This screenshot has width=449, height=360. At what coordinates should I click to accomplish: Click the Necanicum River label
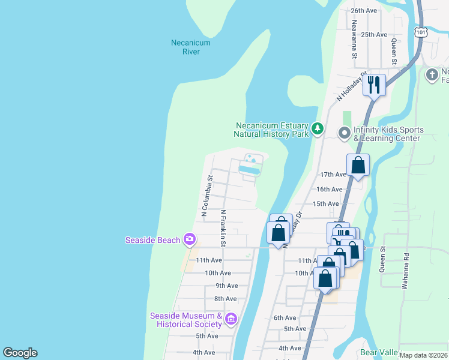tap(185, 47)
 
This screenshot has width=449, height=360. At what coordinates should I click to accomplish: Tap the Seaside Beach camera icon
tap(190, 240)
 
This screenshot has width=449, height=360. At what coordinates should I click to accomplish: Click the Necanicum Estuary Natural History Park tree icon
tap(318, 128)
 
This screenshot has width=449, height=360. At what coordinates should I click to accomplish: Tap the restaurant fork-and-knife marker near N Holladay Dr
tap(374, 84)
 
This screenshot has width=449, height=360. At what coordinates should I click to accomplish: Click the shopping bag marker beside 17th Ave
tap(358, 165)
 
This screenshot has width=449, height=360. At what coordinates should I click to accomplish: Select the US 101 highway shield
tap(421, 31)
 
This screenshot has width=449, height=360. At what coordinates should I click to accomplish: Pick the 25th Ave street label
tap(374, 34)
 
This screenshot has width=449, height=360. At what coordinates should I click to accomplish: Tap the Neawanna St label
tap(355, 40)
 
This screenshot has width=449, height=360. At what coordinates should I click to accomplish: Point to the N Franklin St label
tap(223, 228)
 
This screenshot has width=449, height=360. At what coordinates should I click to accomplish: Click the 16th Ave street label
tap(329, 189)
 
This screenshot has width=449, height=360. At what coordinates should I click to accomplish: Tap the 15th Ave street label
tap(326, 204)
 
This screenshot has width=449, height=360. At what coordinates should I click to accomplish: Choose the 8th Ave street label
tap(226, 299)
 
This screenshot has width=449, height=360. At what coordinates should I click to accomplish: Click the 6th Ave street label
tap(285, 317)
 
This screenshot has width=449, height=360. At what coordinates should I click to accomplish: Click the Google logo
tap(20, 353)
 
